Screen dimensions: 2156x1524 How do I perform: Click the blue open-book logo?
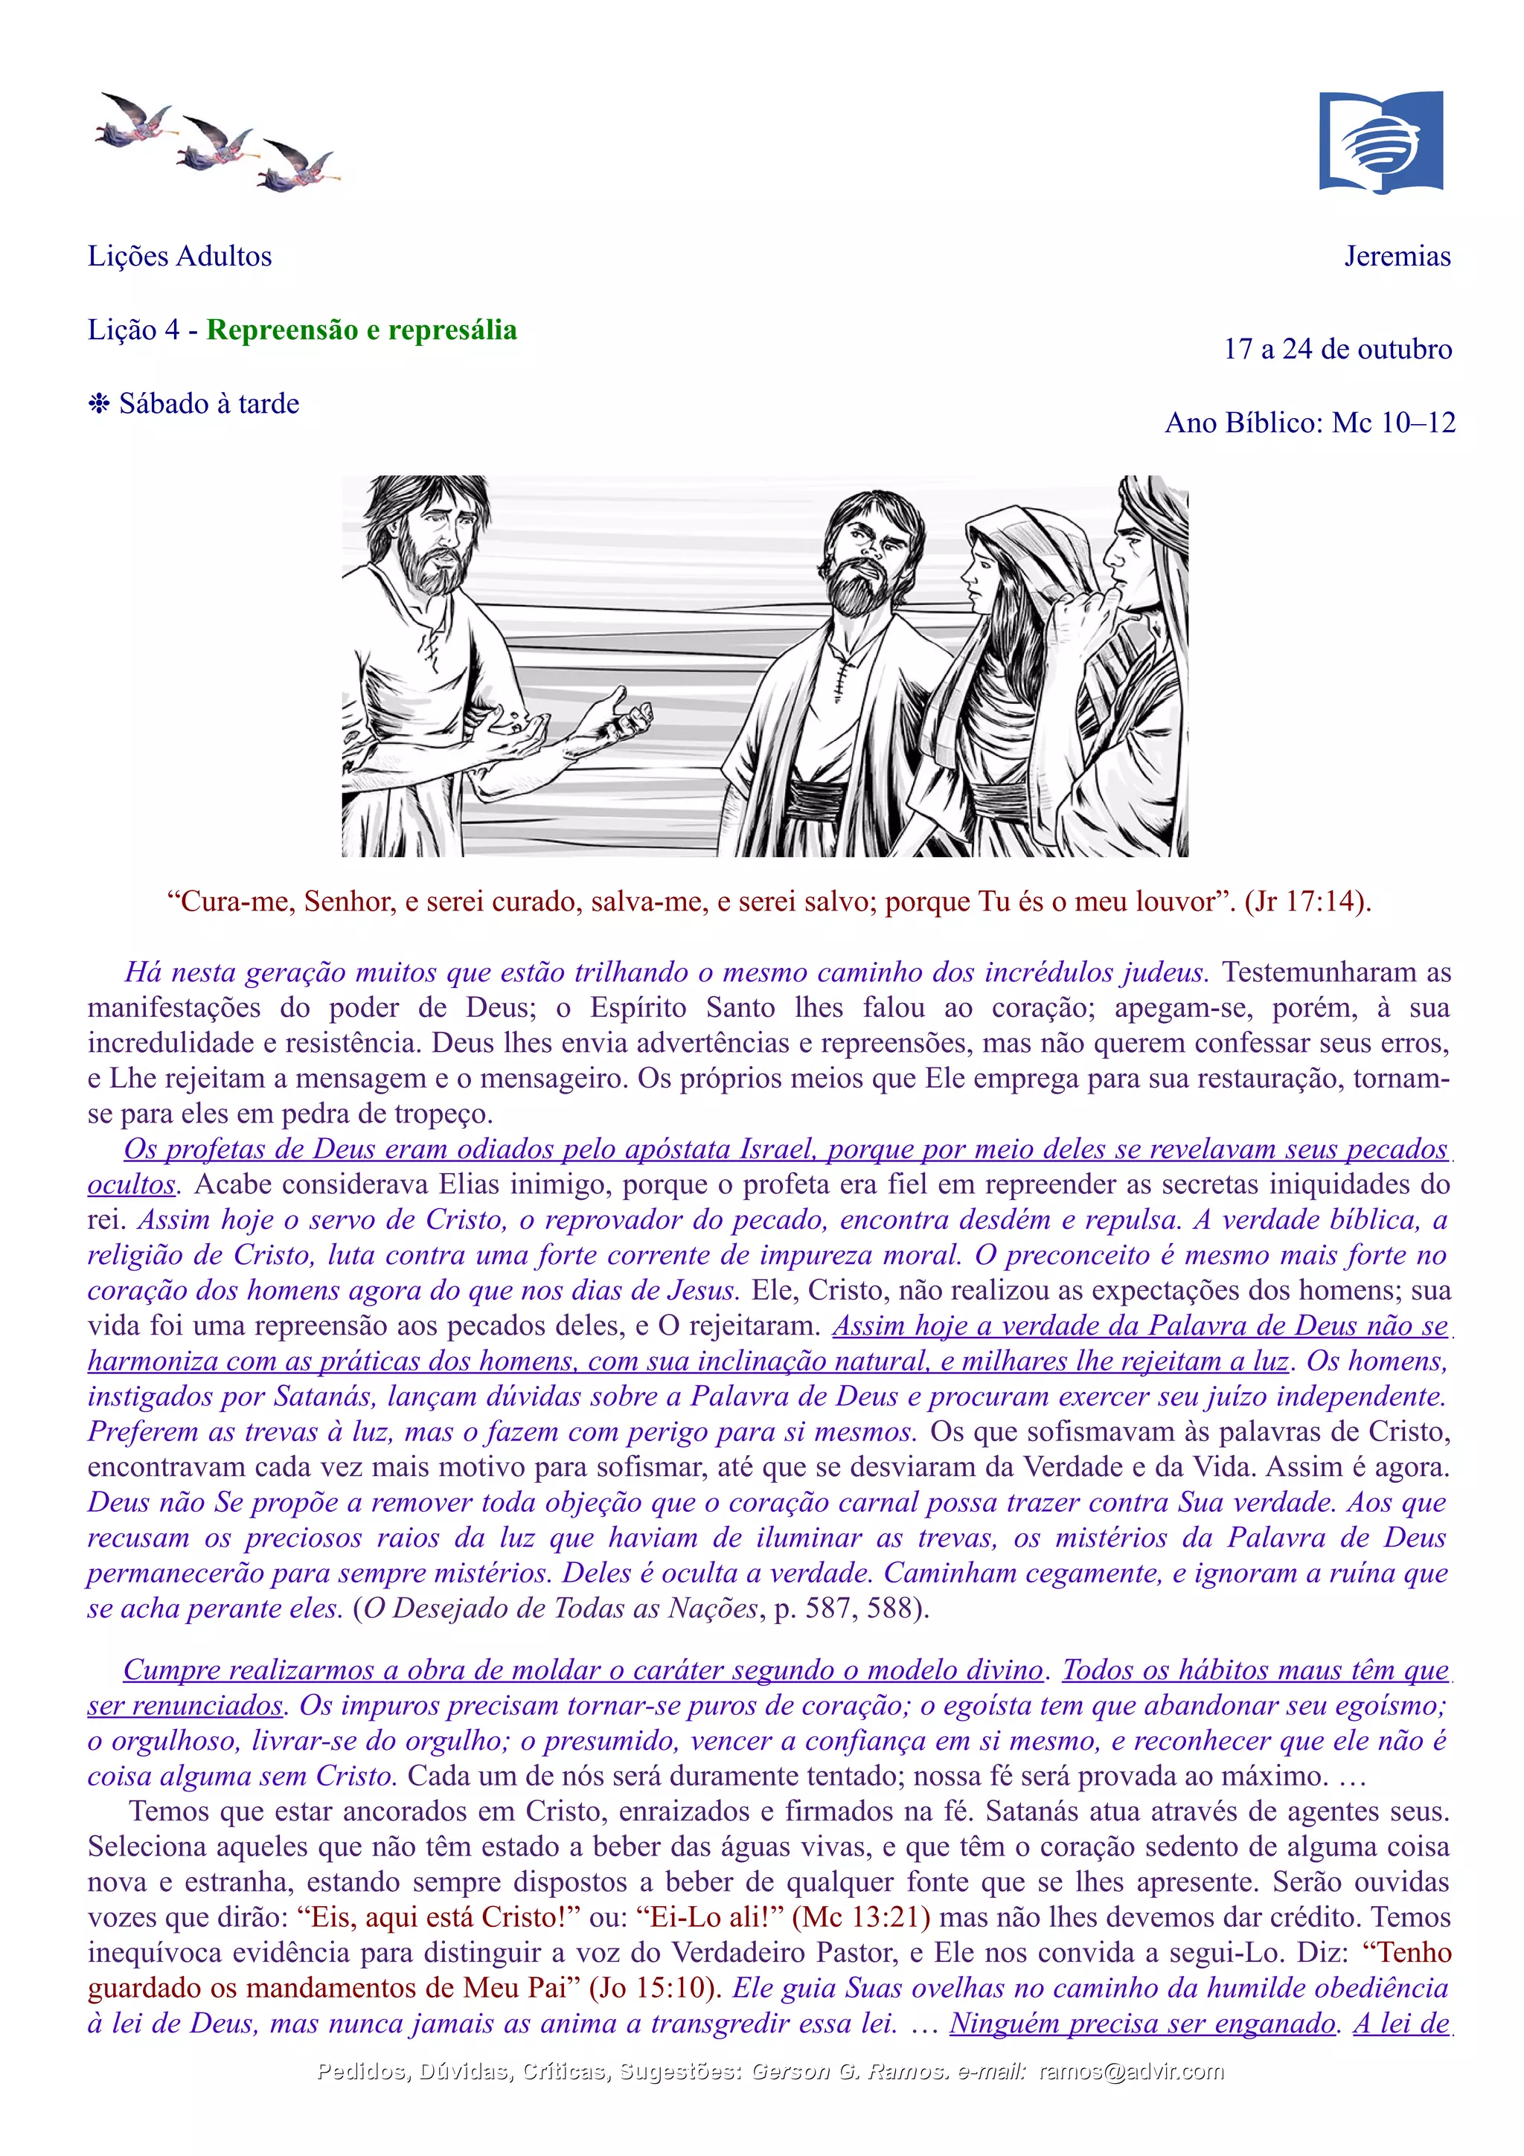click(1380, 142)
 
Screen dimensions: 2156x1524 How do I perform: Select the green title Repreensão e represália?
click(362, 330)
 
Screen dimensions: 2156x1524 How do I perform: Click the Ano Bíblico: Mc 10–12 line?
click(1310, 423)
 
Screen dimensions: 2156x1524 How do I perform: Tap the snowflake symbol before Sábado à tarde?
click(98, 404)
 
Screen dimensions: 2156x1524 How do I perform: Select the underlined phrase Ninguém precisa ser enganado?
click(1142, 2024)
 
